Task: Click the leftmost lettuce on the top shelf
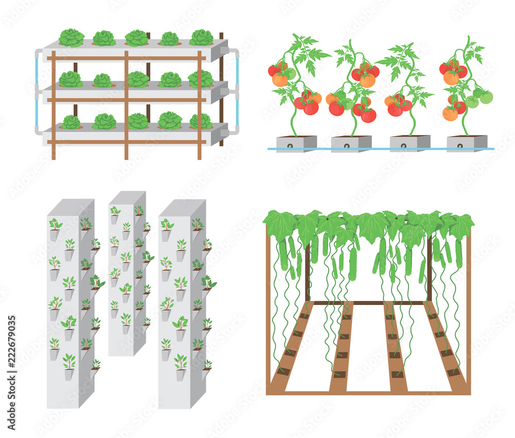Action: [71, 38]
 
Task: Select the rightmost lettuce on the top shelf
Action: [201, 38]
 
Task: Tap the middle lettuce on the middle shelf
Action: [138, 79]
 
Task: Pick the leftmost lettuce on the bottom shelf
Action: [71, 122]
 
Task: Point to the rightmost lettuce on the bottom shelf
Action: [201, 121]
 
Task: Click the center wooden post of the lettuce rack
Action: [126, 103]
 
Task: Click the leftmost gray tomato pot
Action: [296, 143]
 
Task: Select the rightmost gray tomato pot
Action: [467, 143]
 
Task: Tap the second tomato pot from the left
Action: [351, 143]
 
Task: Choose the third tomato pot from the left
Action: [410, 143]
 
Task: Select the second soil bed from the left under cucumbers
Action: [342, 350]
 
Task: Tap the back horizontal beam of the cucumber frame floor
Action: [368, 302]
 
